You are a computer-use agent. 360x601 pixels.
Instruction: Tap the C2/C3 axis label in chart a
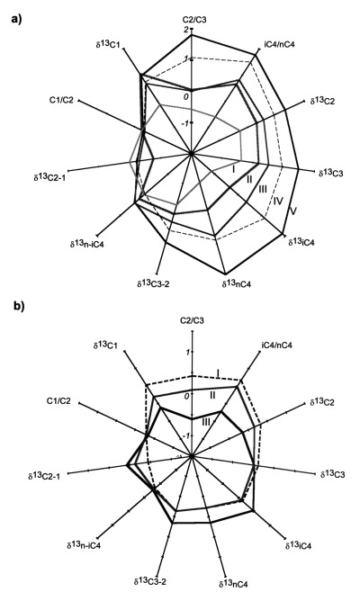click(194, 20)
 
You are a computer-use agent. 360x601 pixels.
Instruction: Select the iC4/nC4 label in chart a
click(280, 44)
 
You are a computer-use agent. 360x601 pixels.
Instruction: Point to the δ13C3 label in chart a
click(330, 173)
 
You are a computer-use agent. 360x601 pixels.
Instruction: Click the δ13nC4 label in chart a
click(236, 283)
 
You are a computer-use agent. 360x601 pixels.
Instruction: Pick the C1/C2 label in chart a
click(60, 101)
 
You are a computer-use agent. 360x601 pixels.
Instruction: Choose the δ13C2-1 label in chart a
click(49, 176)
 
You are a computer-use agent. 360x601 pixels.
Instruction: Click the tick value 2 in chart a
click(187, 31)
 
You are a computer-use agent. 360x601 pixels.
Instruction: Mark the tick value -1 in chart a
click(186, 123)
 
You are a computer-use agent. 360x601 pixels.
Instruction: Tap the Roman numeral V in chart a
click(292, 211)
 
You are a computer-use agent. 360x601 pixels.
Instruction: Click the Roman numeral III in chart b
click(206, 422)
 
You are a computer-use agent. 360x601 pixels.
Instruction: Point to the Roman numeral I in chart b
click(218, 372)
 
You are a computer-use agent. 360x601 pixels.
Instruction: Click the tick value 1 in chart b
click(187, 352)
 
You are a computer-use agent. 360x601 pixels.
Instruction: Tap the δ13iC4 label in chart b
click(298, 544)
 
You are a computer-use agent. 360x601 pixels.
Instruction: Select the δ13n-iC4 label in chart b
click(85, 544)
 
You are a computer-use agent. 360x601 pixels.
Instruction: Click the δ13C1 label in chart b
click(105, 345)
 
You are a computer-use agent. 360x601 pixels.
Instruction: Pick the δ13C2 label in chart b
click(321, 402)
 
